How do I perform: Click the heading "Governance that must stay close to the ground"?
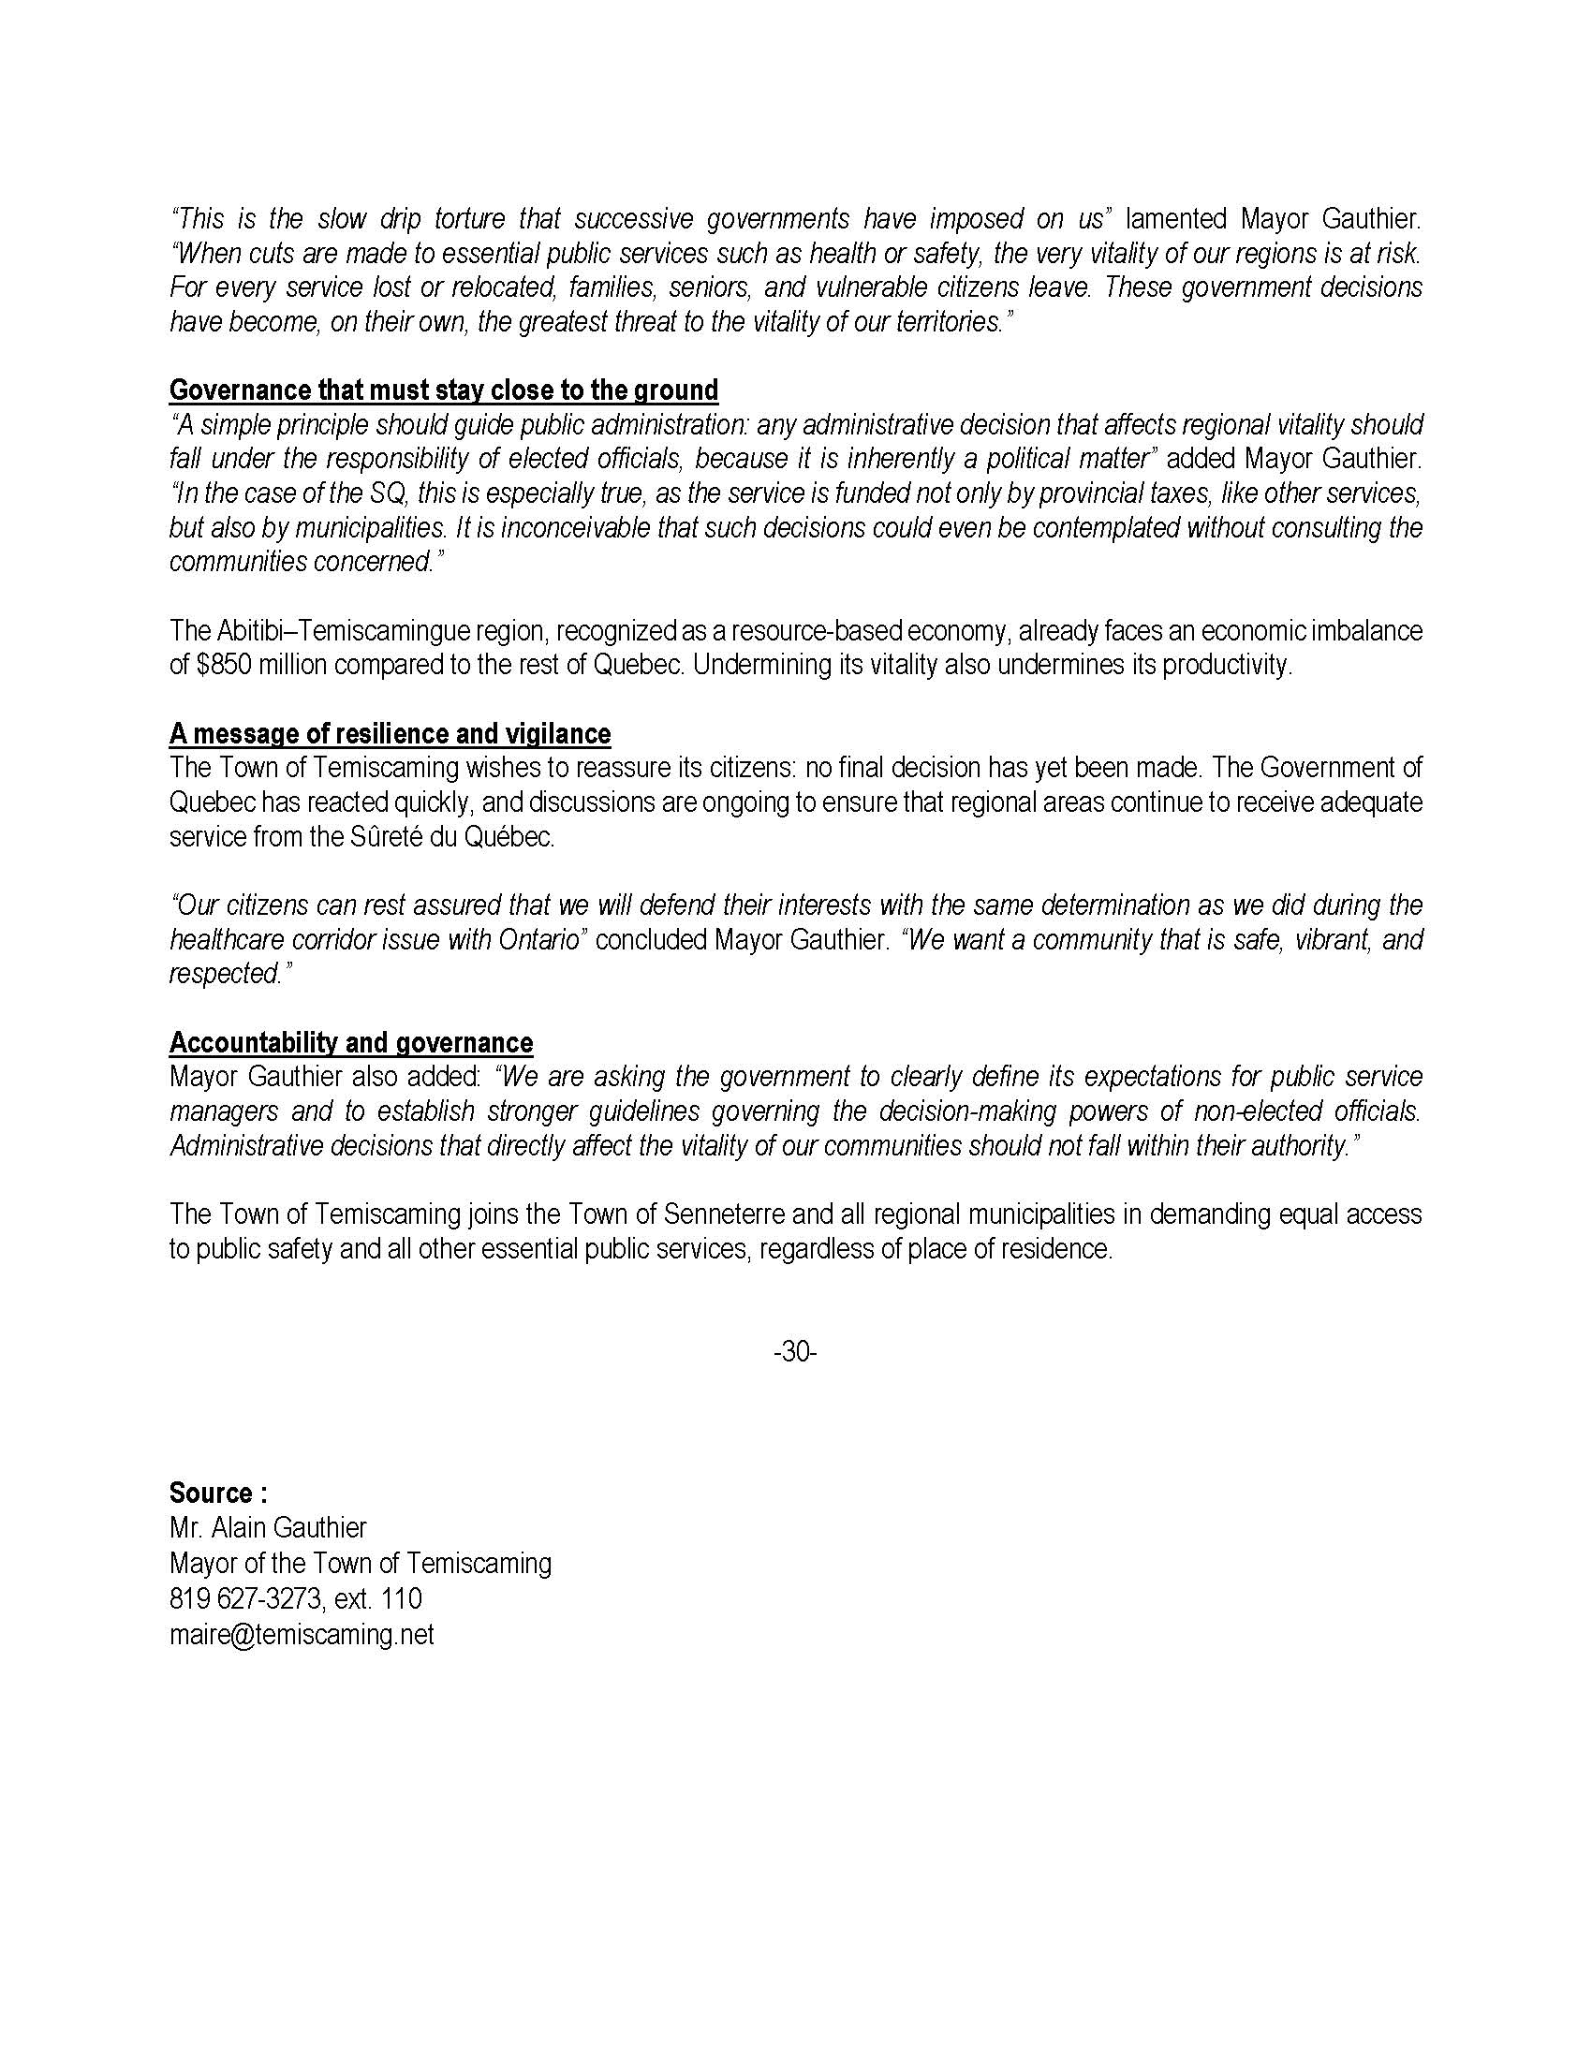coord(443,390)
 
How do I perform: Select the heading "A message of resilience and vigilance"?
coord(390,734)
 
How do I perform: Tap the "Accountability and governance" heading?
coord(351,1042)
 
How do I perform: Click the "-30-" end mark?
coord(794,1351)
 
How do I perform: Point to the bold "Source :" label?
coord(218,1493)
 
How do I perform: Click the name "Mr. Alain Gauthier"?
coord(268,1528)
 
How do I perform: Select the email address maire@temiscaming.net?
coord(302,1635)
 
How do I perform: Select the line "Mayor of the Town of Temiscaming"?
coord(361,1564)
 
